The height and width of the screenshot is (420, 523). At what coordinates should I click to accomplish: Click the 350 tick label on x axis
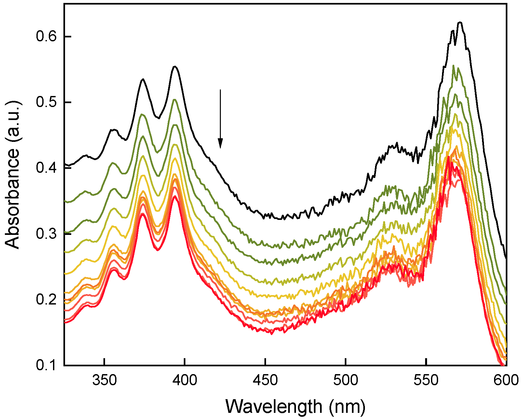[104, 380]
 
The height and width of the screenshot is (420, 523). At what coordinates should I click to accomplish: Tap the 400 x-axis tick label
[185, 380]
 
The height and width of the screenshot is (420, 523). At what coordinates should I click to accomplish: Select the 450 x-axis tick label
[265, 380]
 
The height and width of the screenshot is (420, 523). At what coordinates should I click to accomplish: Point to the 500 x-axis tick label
[346, 380]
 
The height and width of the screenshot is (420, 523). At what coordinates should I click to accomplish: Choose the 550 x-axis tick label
[426, 380]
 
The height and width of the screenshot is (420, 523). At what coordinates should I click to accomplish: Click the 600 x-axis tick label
[506, 380]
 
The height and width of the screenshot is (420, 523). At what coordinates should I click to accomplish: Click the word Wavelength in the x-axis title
[274, 407]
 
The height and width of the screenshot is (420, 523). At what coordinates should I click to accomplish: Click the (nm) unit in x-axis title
[347, 407]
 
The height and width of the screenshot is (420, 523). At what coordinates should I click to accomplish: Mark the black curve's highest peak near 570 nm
[460, 22]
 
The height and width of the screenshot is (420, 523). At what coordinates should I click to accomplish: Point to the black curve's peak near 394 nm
[175, 66]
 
